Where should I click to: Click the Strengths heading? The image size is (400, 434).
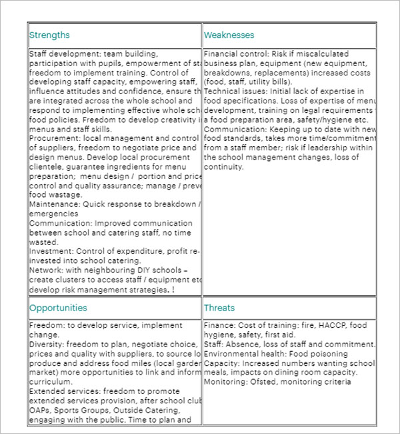coord(49,35)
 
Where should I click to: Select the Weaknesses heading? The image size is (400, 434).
coord(229,35)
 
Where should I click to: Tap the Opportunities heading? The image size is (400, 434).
coord(58,308)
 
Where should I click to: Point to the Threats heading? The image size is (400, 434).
coord(219,308)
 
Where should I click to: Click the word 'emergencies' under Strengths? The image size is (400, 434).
coord(54,214)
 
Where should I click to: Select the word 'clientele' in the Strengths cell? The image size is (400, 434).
coord(47,166)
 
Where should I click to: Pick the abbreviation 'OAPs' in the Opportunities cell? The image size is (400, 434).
coord(40,411)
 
